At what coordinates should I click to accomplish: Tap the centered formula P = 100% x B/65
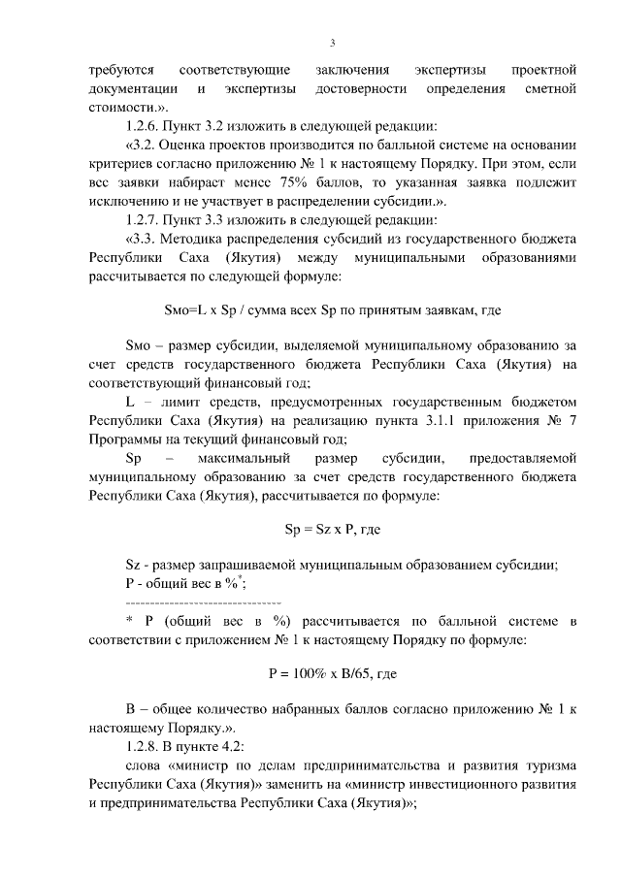coord(333,672)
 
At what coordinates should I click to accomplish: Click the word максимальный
coord(241,456)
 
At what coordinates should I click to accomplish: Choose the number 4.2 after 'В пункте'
coord(230,747)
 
